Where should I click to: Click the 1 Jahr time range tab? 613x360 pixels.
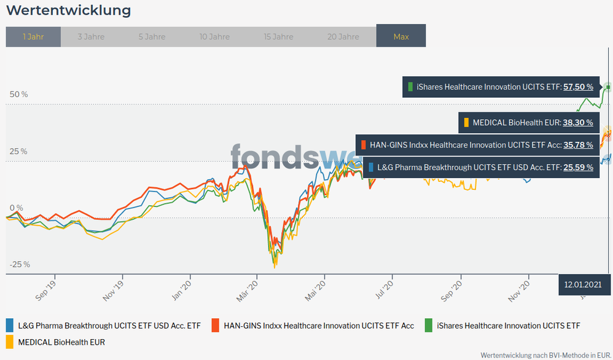pyautogui.click(x=33, y=37)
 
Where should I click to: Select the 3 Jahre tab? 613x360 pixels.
pyautogui.click(x=91, y=37)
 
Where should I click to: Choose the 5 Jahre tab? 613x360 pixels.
pyautogui.click(x=152, y=37)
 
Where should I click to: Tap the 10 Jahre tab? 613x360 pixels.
pyautogui.click(x=214, y=37)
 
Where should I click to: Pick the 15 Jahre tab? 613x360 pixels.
pyautogui.click(x=278, y=37)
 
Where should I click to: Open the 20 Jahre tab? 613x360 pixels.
pyautogui.click(x=343, y=37)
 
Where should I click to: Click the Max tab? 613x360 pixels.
pyautogui.click(x=401, y=37)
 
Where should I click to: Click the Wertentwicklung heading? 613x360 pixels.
pyautogui.click(x=68, y=10)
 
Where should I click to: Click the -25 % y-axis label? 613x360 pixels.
pyautogui.click(x=19, y=265)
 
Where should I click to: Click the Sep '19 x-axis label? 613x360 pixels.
pyautogui.click(x=46, y=289)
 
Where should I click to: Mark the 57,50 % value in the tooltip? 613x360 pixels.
pyautogui.click(x=578, y=87)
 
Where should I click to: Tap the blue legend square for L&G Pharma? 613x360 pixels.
pyautogui.click(x=10, y=326)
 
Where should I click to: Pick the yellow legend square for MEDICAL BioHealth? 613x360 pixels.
pyautogui.click(x=10, y=342)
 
